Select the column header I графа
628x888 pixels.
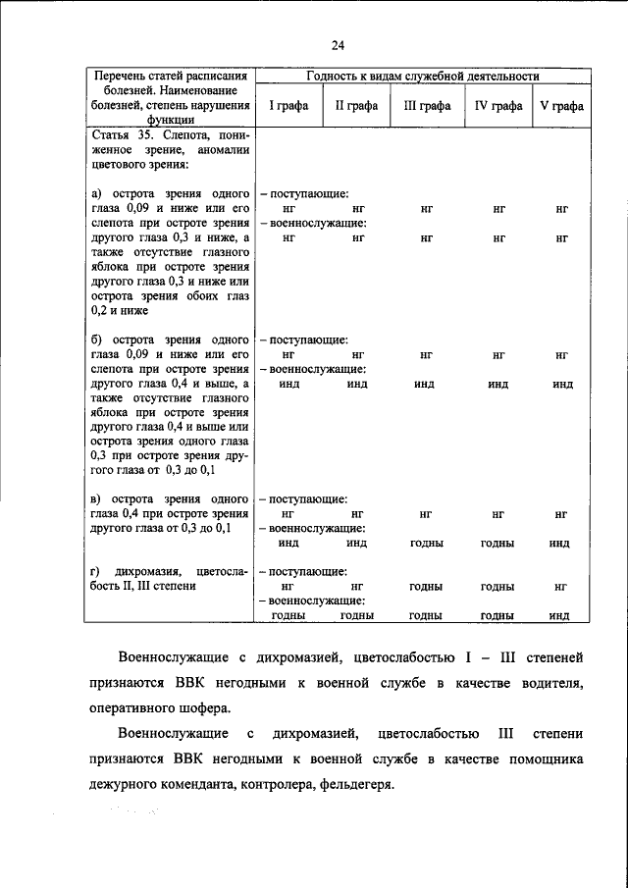(x=288, y=106)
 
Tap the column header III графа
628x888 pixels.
(x=427, y=106)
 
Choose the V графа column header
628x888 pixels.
(x=562, y=106)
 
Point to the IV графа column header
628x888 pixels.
(x=498, y=106)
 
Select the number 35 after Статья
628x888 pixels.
(x=140, y=132)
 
